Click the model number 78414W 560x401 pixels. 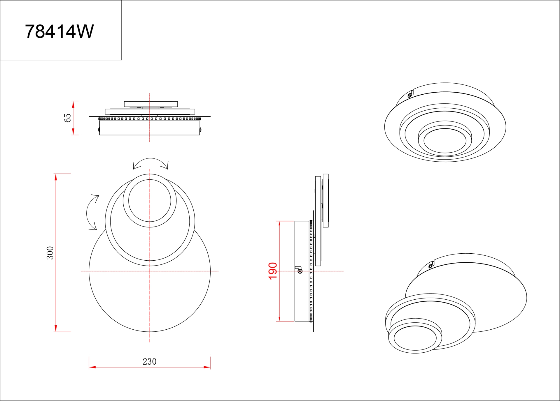pyautogui.click(x=59, y=31)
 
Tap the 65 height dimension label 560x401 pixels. pyautogui.click(x=67, y=118)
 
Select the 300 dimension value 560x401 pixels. pyautogui.click(x=50, y=253)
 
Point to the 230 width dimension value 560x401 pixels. pyautogui.click(x=150, y=362)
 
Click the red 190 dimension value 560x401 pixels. pyautogui.click(x=273, y=271)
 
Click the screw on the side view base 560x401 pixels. pyautogui.click(x=300, y=271)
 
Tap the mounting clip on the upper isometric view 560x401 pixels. pyautogui.click(x=410, y=94)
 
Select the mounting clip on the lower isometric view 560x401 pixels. pyautogui.click(x=431, y=265)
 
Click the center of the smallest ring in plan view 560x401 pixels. pyautogui.click(x=150, y=201)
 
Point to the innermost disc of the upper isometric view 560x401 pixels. pyautogui.click(x=445, y=140)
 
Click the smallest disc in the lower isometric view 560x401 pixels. pyautogui.click(x=415, y=338)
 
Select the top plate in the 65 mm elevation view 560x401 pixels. pyautogui.click(x=151, y=104)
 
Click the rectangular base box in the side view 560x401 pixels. pyautogui.click(x=302, y=271)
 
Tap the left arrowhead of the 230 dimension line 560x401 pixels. pyautogui.click(x=92, y=367)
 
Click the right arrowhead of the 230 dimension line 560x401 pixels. pyautogui.click(x=207, y=367)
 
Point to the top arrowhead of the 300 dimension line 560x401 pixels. pyautogui.click(x=55, y=177)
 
